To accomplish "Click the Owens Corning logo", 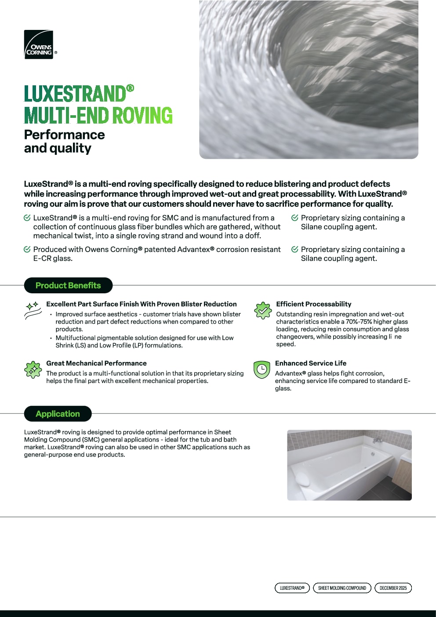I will [39, 44].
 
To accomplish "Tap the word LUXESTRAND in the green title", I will [75, 94].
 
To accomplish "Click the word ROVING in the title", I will [142, 115].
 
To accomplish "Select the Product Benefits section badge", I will [68, 285].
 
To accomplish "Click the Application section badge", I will [58, 414].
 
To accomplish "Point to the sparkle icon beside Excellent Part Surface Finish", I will [33, 310].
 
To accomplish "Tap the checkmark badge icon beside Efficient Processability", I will [263, 310].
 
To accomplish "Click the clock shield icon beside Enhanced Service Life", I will [262, 369].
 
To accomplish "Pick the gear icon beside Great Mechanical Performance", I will [33, 369].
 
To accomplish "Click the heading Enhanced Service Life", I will [310, 363].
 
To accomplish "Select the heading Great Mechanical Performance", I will [96, 363].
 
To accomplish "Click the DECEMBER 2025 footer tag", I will [393, 588].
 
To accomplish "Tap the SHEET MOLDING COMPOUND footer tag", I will [342, 588].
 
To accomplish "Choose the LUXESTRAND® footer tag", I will [292, 588].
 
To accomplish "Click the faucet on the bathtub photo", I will [377, 440].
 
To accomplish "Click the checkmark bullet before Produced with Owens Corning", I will [27, 249].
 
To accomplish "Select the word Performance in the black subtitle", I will [65, 135].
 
